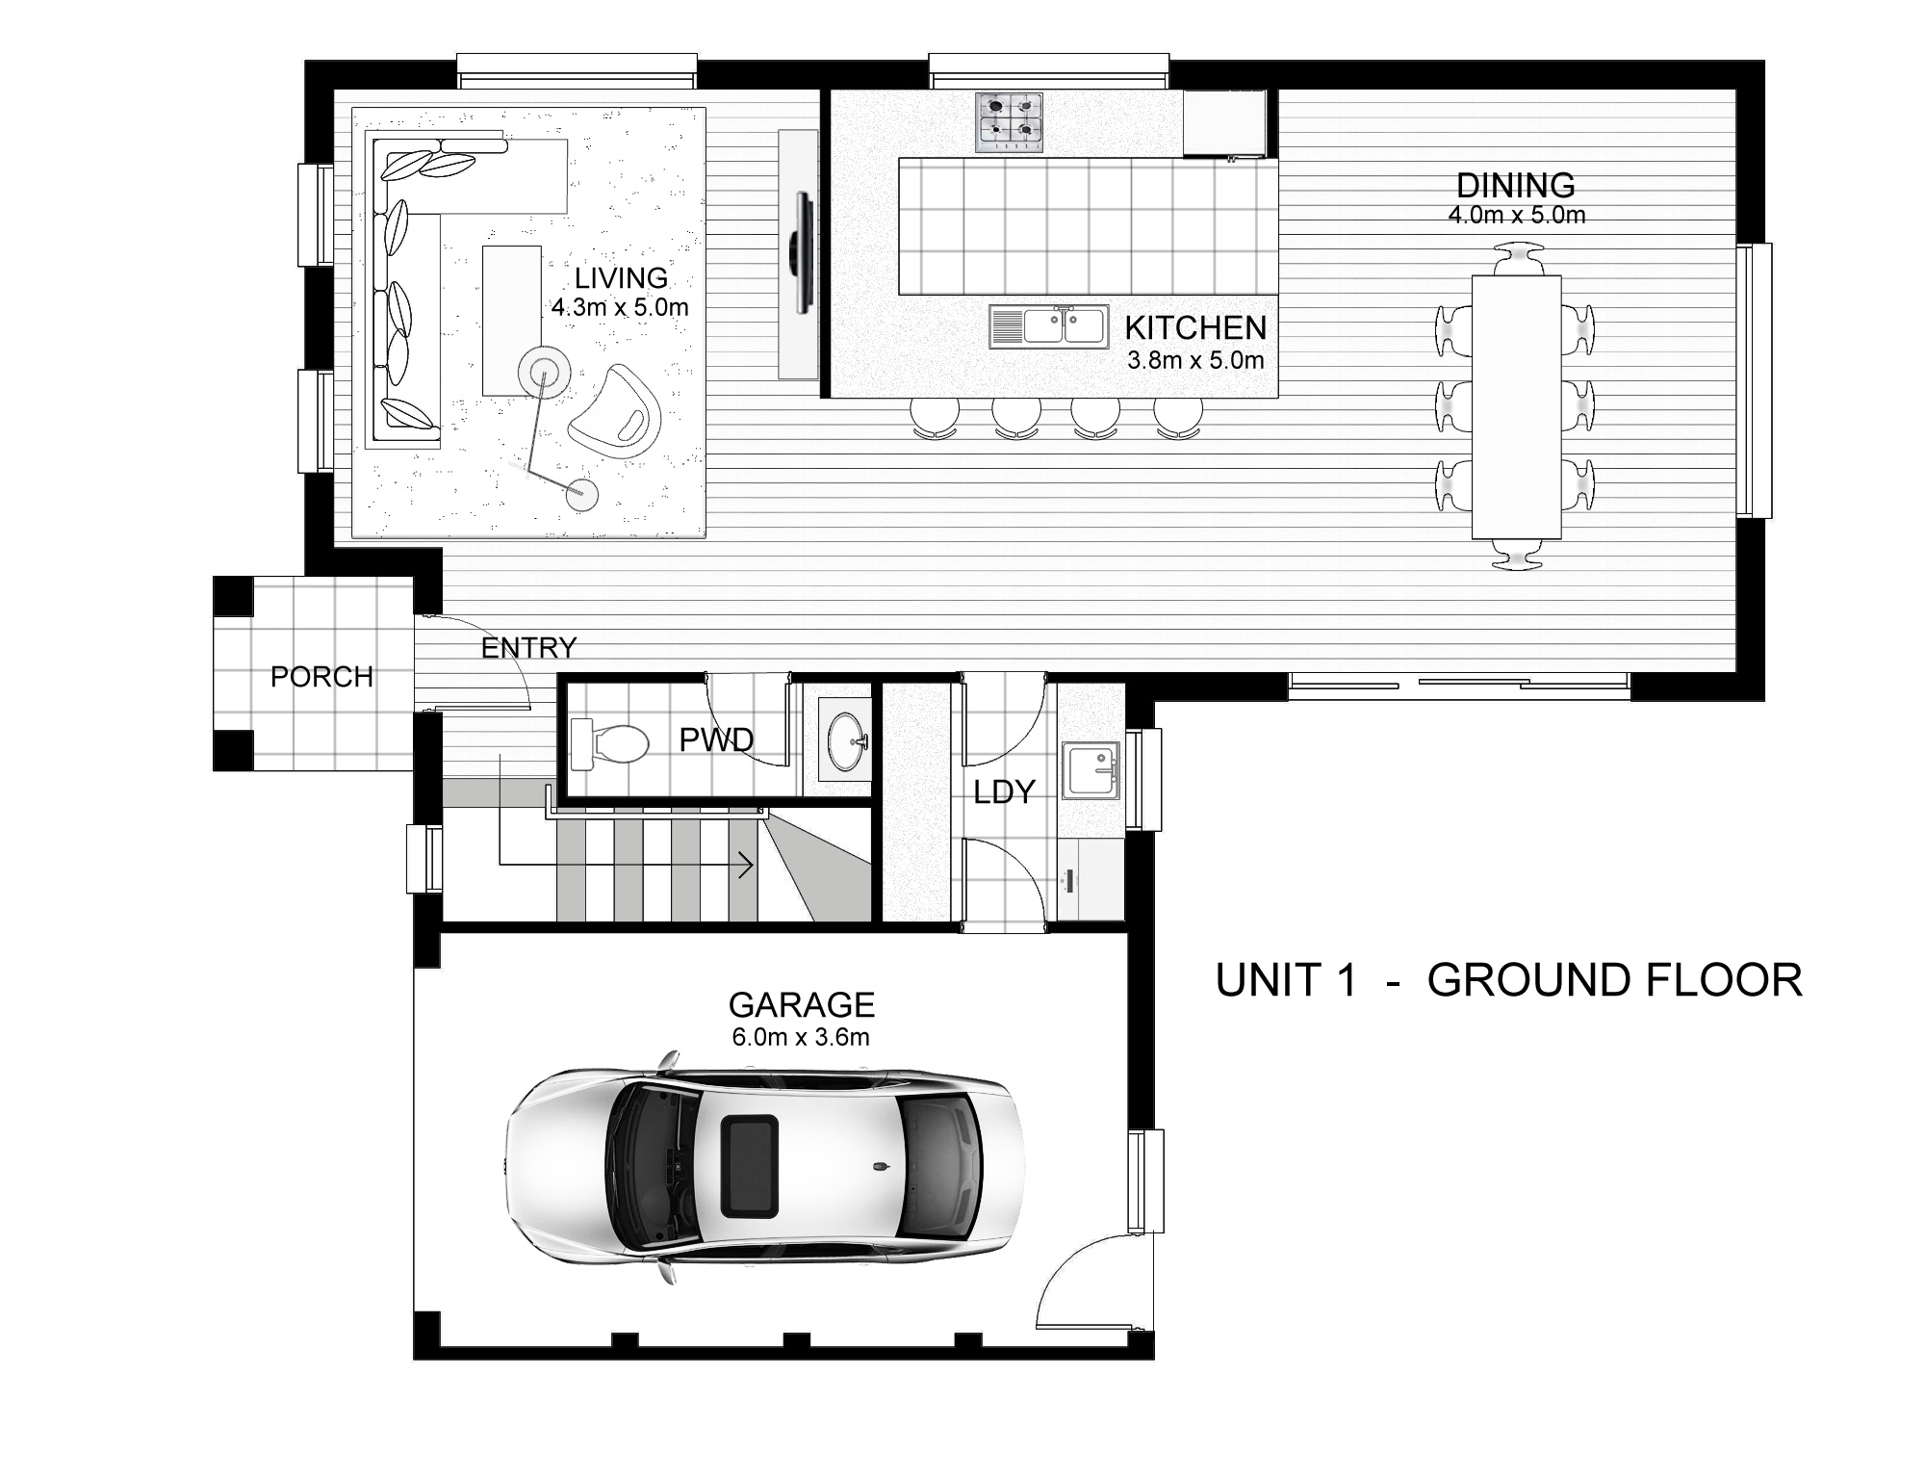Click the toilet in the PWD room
point(611,745)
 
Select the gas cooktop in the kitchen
point(1009,121)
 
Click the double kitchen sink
point(1047,326)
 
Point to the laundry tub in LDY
point(1091,769)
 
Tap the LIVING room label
point(621,278)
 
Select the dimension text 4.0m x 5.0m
point(1516,216)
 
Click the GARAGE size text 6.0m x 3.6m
point(801,1037)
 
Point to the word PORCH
point(321,677)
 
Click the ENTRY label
point(528,648)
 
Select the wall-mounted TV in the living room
point(801,252)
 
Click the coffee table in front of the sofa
point(511,318)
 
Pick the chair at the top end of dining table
point(1516,260)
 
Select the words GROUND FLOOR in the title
point(1613,980)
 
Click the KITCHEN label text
point(1195,328)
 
